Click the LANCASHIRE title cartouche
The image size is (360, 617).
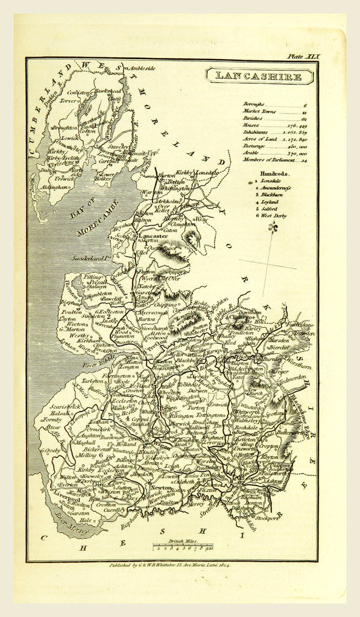(259, 77)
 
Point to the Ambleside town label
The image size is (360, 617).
(141, 68)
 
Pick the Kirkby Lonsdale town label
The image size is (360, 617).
(198, 172)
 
